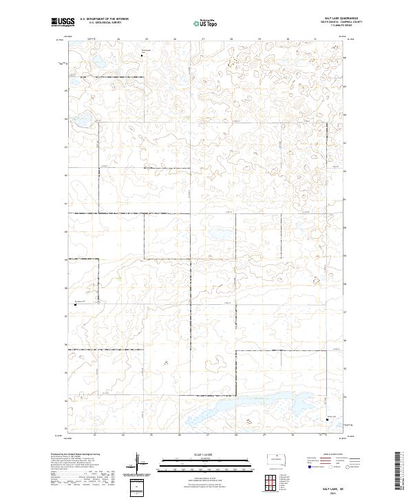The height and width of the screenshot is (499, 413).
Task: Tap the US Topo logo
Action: point(206,23)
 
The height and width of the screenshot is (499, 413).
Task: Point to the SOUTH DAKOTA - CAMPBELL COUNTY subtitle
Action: point(341,22)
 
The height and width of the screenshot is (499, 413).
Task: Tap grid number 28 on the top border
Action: point(231,39)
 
